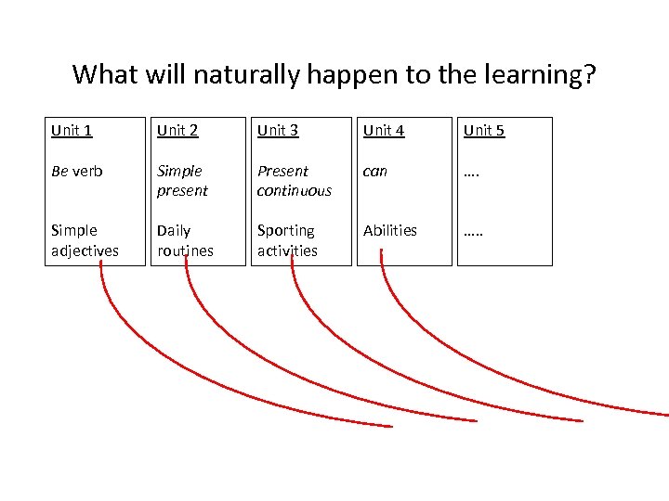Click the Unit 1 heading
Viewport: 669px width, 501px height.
[72, 130]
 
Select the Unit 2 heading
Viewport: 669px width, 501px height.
[177, 130]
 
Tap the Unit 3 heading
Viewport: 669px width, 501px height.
[278, 130]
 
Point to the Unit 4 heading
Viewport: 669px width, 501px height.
[384, 130]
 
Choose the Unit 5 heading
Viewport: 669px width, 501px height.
[484, 130]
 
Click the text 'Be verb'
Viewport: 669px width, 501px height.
[77, 171]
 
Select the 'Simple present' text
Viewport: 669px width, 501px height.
[182, 181]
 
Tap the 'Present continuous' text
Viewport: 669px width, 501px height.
[294, 181]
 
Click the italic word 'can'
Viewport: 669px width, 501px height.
[374, 171]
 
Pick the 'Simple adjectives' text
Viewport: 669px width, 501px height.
[85, 239]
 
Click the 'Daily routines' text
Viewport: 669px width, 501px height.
[185, 239]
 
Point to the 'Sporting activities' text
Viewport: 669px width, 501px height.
[287, 239]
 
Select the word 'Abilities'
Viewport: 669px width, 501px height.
[390, 230]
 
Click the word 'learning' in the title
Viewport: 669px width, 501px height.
[529, 74]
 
